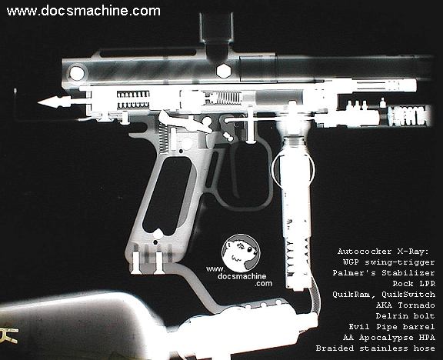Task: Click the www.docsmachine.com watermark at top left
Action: tap(84, 11)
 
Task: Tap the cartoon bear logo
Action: tap(241, 252)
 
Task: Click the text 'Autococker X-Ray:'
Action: tap(383, 252)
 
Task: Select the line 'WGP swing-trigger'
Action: tap(388, 262)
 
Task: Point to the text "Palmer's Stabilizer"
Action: tap(383, 272)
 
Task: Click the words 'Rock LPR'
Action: tap(414, 283)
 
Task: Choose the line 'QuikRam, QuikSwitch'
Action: tap(383, 294)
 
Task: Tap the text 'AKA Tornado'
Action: tap(405, 305)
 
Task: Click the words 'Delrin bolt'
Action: tap(405, 315)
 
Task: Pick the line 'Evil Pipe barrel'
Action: tap(391, 327)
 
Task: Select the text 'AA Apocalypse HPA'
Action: tap(388, 338)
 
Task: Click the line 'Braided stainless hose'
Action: tap(375, 348)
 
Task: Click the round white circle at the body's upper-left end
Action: tap(77, 73)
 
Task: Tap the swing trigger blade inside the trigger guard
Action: tap(235, 169)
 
